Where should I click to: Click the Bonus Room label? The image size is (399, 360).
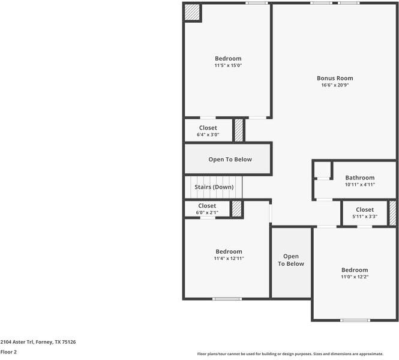[x=335, y=78]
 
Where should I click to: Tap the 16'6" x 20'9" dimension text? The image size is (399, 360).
[x=335, y=85]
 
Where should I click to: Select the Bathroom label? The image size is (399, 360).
[x=359, y=178]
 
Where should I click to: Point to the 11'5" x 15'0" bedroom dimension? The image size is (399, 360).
[x=229, y=65]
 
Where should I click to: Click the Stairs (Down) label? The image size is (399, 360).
[x=214, y=187]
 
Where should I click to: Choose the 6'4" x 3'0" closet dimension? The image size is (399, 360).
[x=208, y=135]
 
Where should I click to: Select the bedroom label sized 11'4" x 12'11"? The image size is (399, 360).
[x=229, y=251]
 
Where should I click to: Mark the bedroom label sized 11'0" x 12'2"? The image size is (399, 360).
[x=355, y=270]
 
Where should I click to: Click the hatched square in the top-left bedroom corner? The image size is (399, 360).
[x=192, y=12]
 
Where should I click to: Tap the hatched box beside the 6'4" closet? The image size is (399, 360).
[x=239, y=130]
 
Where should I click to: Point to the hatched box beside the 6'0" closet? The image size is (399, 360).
[x=236, y=209]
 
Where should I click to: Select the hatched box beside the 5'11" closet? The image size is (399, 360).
[x=392, y=213]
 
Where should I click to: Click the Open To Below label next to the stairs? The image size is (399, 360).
[x=230, y=160]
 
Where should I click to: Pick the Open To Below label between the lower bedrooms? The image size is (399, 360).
[x=291, y=260]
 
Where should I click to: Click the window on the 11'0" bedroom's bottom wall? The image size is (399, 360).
[x=355, y=320]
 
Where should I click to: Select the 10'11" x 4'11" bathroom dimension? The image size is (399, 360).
[x=359, y=185]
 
